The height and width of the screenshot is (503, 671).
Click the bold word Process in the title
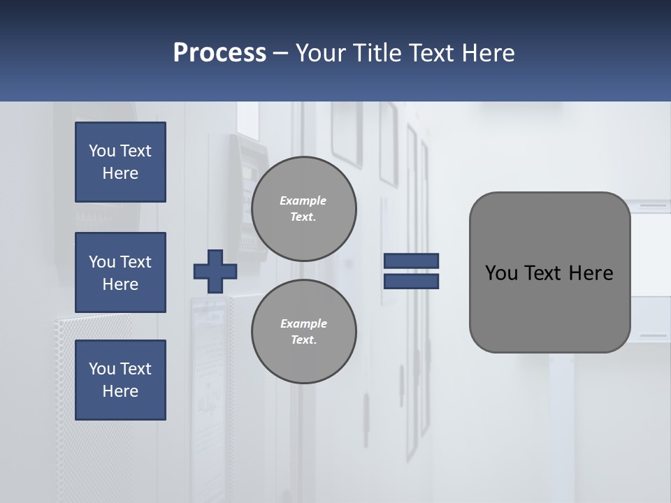point(219,53)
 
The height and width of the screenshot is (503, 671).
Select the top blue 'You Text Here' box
point(120,162)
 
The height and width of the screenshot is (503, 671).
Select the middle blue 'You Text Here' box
point(120,272)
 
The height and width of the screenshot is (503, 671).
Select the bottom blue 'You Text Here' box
point(120,380)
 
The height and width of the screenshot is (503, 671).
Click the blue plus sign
point(215,271)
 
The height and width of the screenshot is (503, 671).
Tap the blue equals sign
point(411,271)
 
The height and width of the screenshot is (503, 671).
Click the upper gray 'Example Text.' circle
point(304,209)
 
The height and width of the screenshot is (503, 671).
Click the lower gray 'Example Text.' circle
point(304,332)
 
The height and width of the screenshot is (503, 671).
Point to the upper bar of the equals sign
point(411,261)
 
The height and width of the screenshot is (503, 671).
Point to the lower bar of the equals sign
point(411,282)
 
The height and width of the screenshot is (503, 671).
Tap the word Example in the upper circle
point(303,201)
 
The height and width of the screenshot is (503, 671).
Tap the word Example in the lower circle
point(303,323)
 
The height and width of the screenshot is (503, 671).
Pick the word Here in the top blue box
point(120,173)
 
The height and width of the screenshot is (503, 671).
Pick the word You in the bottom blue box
point(102,369)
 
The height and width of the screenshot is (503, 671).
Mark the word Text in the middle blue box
point(136,262)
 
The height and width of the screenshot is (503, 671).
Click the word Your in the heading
point(321,53)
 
